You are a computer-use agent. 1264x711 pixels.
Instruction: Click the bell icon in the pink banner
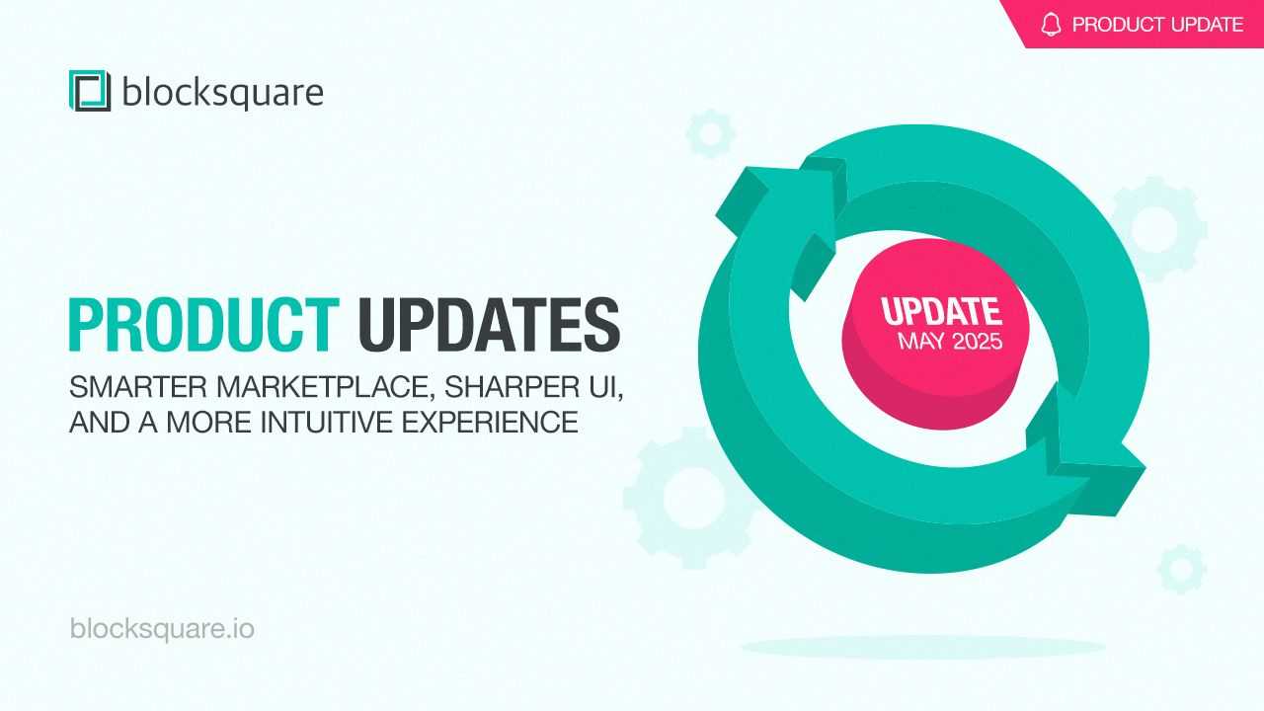point(1051,25)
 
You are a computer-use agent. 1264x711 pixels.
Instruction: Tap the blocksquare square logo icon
point(90,90)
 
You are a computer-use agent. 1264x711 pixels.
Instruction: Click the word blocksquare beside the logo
point(223,92)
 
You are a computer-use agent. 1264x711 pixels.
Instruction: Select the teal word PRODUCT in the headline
point(203,325)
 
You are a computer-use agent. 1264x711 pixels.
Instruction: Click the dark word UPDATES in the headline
point(489,325)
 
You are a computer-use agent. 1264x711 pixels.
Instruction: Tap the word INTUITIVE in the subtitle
point(326,422)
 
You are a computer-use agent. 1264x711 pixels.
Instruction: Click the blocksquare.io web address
point(162,629)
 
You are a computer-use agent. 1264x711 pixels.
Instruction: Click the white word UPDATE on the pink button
point(942,311)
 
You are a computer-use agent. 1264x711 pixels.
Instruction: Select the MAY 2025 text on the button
point(950,342)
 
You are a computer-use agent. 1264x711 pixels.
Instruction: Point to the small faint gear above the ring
point(710,134)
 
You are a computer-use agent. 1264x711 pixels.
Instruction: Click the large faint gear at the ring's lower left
point(685,498)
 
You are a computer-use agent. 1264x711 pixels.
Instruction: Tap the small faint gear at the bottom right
point(1182,569)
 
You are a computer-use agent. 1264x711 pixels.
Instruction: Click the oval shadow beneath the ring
point(923,647)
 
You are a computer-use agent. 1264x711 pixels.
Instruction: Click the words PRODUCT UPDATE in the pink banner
point(1157,25)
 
